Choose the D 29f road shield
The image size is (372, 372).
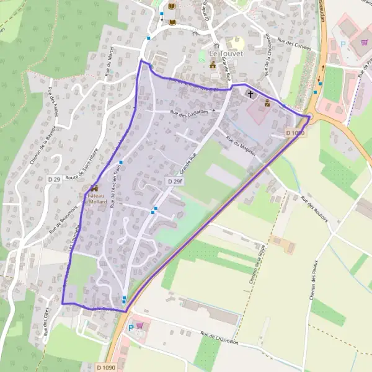(x=174, y=180)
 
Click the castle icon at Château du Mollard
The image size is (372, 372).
(x=94, y=188)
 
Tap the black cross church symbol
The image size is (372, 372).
(x=251, y=95)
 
